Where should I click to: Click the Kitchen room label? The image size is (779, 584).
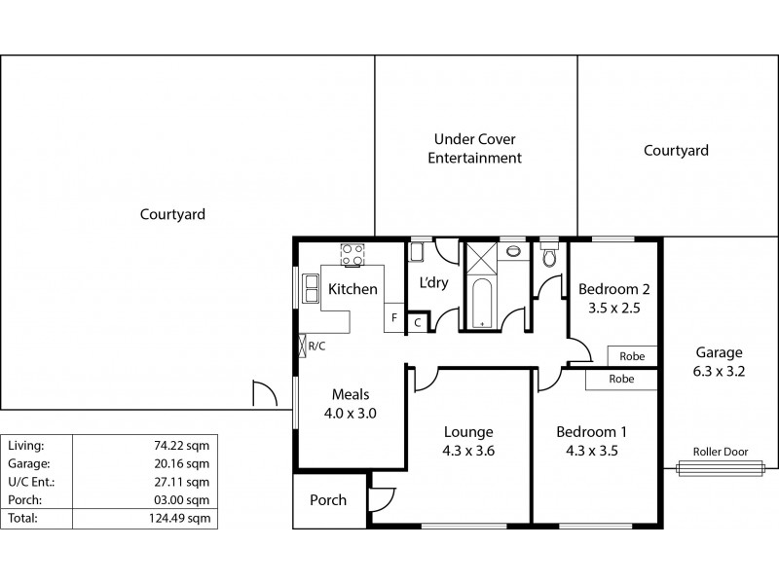tap(352, 289)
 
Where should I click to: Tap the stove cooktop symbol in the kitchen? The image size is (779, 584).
tap(351, 255)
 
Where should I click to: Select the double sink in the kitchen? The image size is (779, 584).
tap(312, 289)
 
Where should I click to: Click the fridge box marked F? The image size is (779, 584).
tap(394, 317)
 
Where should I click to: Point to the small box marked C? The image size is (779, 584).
tap(418, 322)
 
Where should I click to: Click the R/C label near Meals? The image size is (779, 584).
tap(316, 346)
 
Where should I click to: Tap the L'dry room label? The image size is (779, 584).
tap(433, 283)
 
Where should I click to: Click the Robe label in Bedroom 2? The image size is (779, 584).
tap(632, 356)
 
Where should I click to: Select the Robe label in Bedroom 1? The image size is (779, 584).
tap(622, 379)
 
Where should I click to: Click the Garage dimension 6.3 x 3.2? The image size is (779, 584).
tap(720, 371)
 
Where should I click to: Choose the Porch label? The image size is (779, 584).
tap(328, 500)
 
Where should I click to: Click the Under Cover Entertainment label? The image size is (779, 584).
tap(476, 148)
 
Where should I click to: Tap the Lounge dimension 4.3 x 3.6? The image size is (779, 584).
tap(468, 451)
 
